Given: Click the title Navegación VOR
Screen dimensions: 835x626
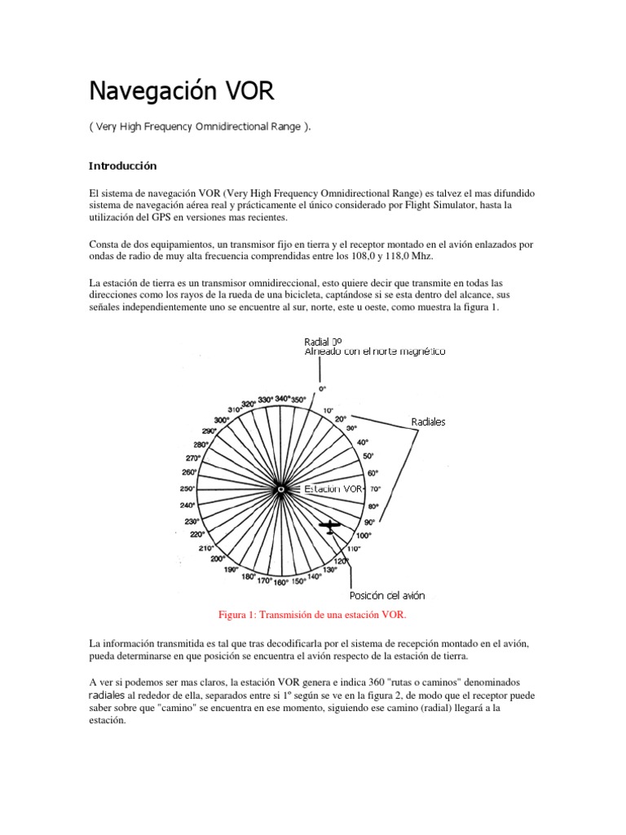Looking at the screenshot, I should click(181, 91).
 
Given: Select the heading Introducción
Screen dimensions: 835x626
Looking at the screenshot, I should click(121, 166).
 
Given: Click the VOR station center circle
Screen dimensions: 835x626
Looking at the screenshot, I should click(280, 489).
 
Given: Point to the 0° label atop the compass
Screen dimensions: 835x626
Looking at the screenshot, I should click(322, 389).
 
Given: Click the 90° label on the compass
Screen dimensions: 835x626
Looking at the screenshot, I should click(369, 522).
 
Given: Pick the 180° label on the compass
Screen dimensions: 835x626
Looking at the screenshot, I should click(248, 577).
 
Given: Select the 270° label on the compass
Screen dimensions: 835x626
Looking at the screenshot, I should click(193, 458).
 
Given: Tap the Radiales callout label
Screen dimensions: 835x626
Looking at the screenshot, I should click(428, 422).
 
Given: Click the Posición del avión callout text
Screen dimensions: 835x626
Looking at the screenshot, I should click(387, 595).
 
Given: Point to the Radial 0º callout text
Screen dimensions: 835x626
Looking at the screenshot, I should click(323, 342).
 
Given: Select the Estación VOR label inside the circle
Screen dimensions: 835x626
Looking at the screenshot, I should click(333, 489).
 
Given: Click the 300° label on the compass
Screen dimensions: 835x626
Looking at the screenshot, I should click(221, 420).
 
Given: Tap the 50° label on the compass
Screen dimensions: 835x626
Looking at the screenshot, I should click(368, 457).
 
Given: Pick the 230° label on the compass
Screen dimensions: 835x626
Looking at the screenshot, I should click(192, 521).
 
